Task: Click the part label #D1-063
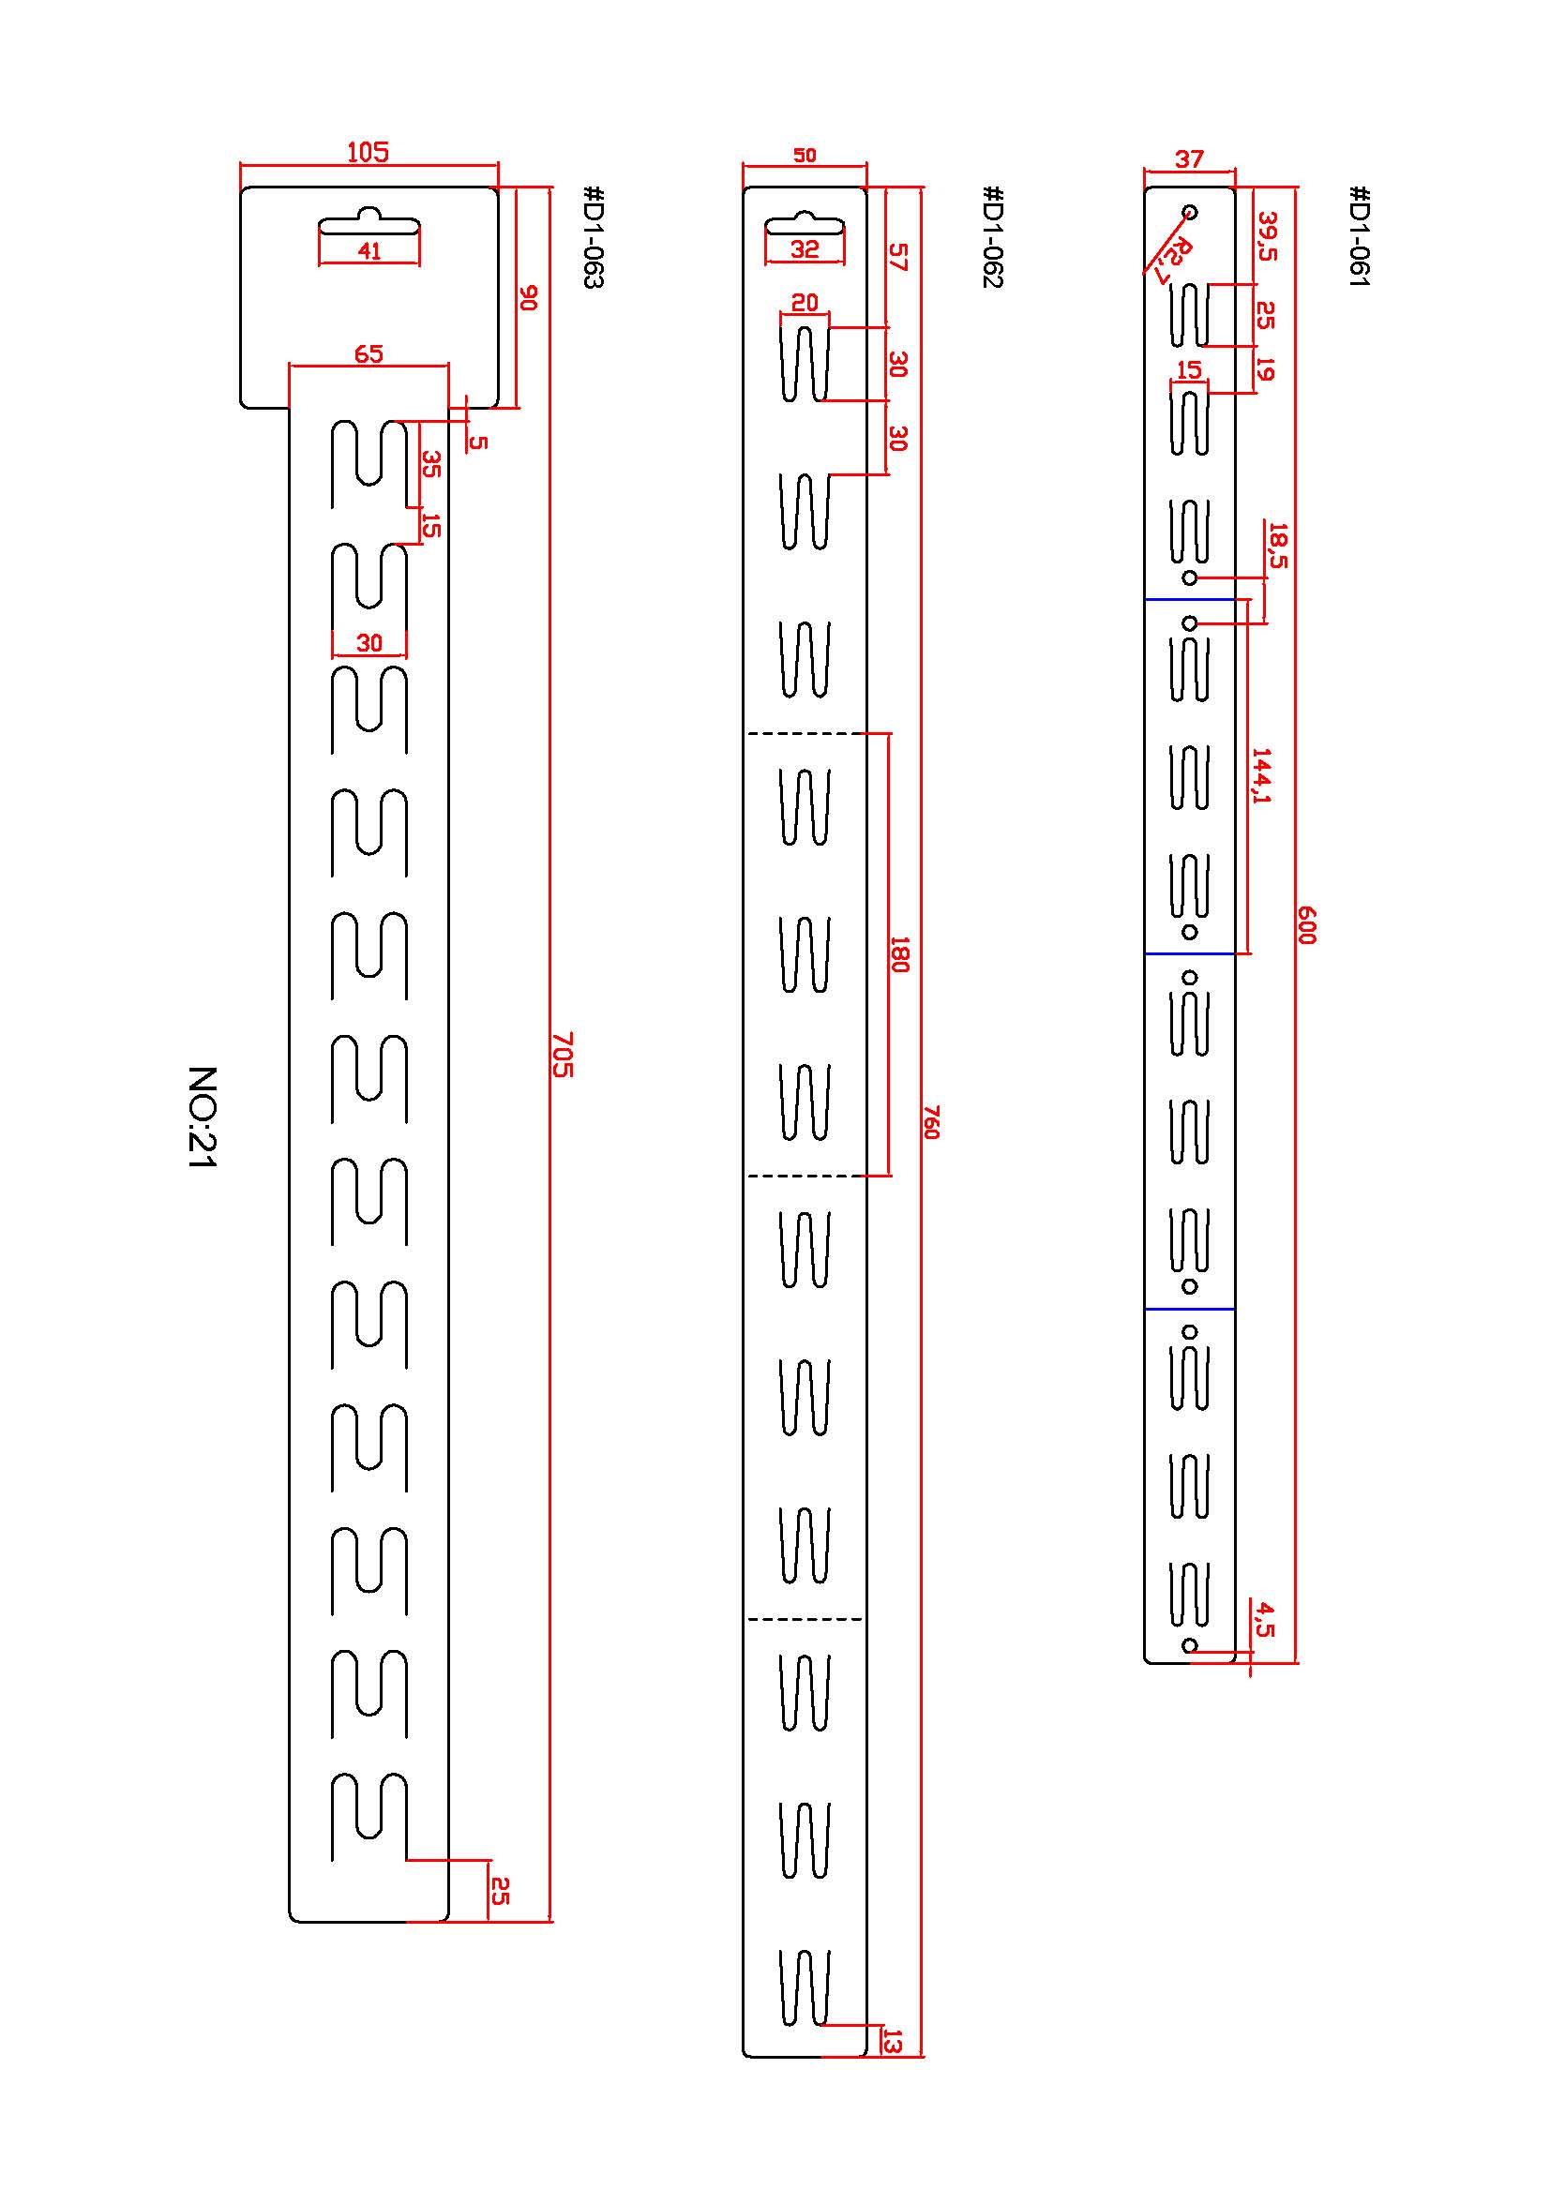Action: point(593,236)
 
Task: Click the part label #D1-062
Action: point(993,236)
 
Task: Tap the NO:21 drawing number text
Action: point(203,1117)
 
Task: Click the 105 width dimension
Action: point(368,153)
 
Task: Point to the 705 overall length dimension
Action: point(564,1054)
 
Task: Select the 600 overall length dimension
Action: point(1307,924)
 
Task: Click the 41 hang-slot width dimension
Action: point(369,251)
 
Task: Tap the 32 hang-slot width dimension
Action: point(805,249)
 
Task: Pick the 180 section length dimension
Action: point(899,954)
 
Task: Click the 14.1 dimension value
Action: point(1262,775)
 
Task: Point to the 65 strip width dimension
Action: point(369,354)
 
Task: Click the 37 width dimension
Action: point(1189,158)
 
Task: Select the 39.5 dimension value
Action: point(1268,235)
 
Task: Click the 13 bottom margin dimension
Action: point(894,2041)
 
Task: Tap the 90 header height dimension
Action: point(529,298)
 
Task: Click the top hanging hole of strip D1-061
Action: point(1189,212)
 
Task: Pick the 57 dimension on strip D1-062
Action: point(898,257)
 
